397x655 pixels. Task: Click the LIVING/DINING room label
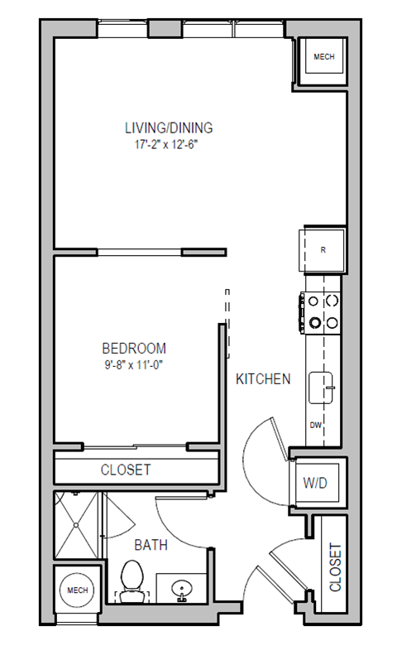pyautogui.click(x=169, y=128)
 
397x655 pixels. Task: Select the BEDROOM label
pyautogui.click(x=134, y=349)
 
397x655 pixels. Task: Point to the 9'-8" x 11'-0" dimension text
pyautogui.click(x=134, y=364)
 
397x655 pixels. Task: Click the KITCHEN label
pyautogui.click(x=263, y=379)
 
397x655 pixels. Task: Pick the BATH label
pyautogui.click(x=151, y=545)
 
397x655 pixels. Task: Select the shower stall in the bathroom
pyautogui.click(x=78, y=525)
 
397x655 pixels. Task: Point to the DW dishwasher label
pyautogui.click(x=315, y=425)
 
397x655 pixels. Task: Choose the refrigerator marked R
pyautogui.click(x=323, y=248)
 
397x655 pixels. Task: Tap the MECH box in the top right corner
pyautogui.click(x=323, y=58)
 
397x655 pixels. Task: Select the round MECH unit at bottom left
pyautogui.click(x=77, y=590)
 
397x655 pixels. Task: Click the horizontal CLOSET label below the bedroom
pyautogui.click(x=126, y=470)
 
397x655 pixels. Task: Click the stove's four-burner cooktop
pyautogui.click(x=323, y=311)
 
